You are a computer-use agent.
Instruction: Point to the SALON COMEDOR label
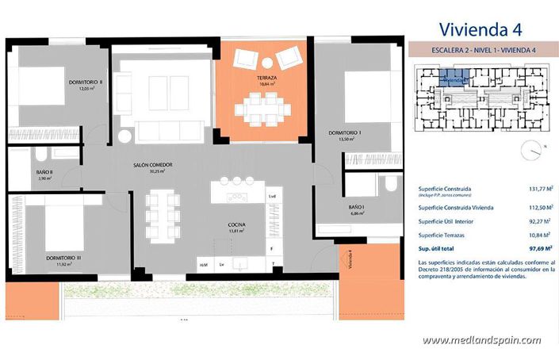coord(153,165)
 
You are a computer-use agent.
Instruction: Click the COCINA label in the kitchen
coord(236,225)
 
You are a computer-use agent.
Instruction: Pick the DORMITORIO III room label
coord(63,259)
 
